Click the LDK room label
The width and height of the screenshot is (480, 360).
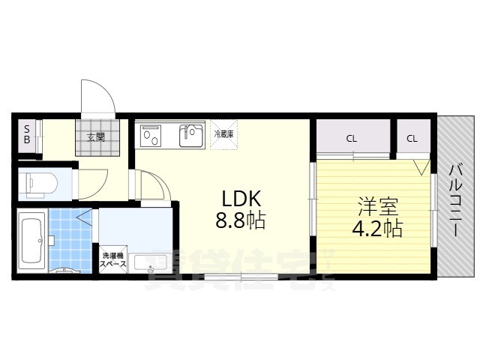pos(240,199)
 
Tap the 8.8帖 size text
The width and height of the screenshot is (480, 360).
pos(240,221)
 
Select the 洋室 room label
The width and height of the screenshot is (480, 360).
pos(372,205)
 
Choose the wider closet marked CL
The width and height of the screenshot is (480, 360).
pos(351,139)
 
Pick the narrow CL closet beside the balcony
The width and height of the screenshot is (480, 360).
pos(412,139)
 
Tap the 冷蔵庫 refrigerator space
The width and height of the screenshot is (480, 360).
pos(223,134)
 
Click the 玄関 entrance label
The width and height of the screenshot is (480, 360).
pos(95,137)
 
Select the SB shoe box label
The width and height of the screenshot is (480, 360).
pos(26,134)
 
